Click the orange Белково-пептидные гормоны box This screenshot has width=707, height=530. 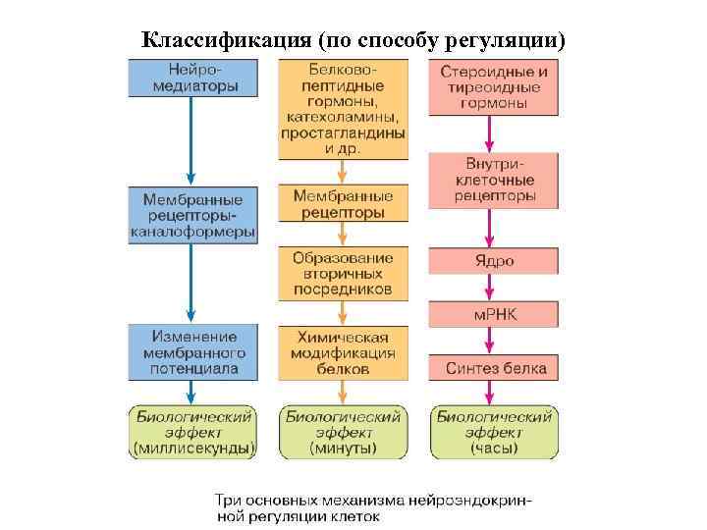[x=343, y=109]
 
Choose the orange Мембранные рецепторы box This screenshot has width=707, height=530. [x=343, y=204]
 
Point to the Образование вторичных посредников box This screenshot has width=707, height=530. [x=343, y=273]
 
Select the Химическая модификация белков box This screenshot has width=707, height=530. [x=343, y=352]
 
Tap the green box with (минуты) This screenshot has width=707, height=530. [x=343, y=432]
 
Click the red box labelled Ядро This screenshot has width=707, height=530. [x=494, y=261]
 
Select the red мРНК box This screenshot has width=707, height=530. [x=494, y=314]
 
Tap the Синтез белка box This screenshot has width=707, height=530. [x=494, y=368]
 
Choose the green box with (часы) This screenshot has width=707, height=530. [x=494, y=432]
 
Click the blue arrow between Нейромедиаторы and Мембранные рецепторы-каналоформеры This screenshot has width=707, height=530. [x=191, y=138]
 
